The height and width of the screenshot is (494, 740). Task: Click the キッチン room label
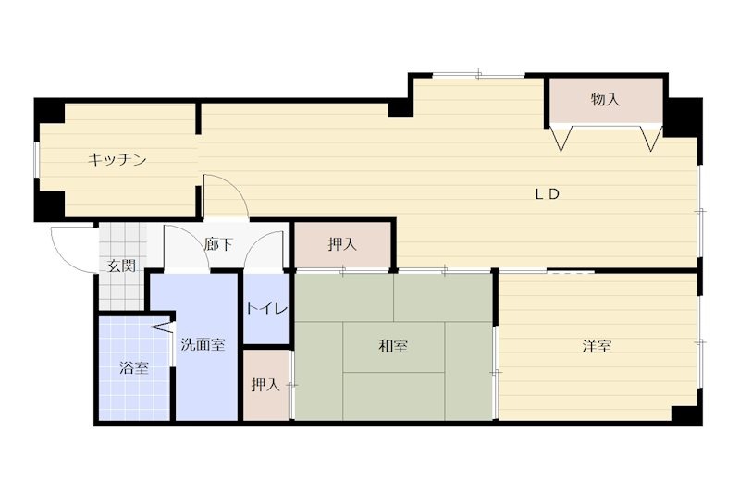click(117, 160)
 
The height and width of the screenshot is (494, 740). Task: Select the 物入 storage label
click(605, 100)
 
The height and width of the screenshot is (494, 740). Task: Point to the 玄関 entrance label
click(121, 266)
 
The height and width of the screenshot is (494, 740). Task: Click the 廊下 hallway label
click(218, 245)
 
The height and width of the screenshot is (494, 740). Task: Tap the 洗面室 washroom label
click(202, 344)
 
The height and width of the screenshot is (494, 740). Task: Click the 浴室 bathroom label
click(134, 367)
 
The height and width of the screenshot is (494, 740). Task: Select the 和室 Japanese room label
click(393, 347)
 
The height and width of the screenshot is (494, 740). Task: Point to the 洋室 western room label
click(597, 347)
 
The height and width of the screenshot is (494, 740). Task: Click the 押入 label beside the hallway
click(342, 245)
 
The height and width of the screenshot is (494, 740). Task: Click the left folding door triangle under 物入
click(561, 139)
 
